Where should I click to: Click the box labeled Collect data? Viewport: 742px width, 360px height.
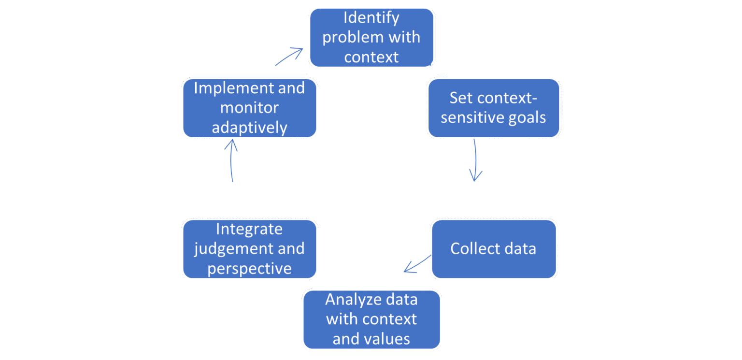click(x=494, y=249)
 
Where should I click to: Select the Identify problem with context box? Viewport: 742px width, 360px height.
click(x=371, y=37)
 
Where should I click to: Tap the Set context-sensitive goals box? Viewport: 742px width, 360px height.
click(x=493, y=108)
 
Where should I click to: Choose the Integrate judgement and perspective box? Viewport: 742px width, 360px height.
click(x=249, y=249)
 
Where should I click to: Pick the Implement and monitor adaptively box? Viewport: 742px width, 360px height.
click(x=249, y=108)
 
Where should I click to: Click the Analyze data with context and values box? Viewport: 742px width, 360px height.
click(x=371, y=319)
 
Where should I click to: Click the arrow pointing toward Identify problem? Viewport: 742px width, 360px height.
click(x=289, y=56)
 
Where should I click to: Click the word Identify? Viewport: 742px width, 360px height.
click(x=371, y=18)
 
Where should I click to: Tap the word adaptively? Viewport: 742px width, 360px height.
click(x=249, y=128)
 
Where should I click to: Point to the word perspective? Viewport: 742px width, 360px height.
click(x=249, y=269)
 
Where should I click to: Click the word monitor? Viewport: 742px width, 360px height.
click(x=249, y=108)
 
